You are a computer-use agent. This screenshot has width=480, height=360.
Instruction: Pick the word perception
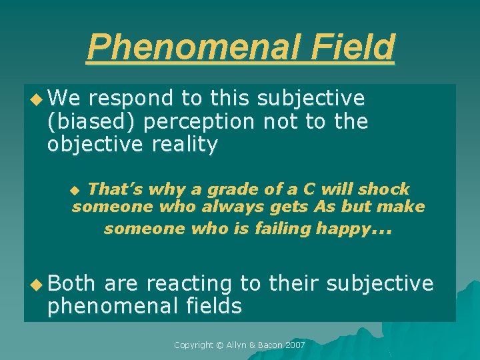point(199,122)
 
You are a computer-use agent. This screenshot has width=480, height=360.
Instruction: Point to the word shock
point(385,189)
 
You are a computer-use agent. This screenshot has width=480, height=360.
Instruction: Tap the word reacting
point(189,284)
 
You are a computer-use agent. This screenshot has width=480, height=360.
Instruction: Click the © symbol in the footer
point(223,345)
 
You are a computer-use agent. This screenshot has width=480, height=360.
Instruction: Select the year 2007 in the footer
point(294,345)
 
